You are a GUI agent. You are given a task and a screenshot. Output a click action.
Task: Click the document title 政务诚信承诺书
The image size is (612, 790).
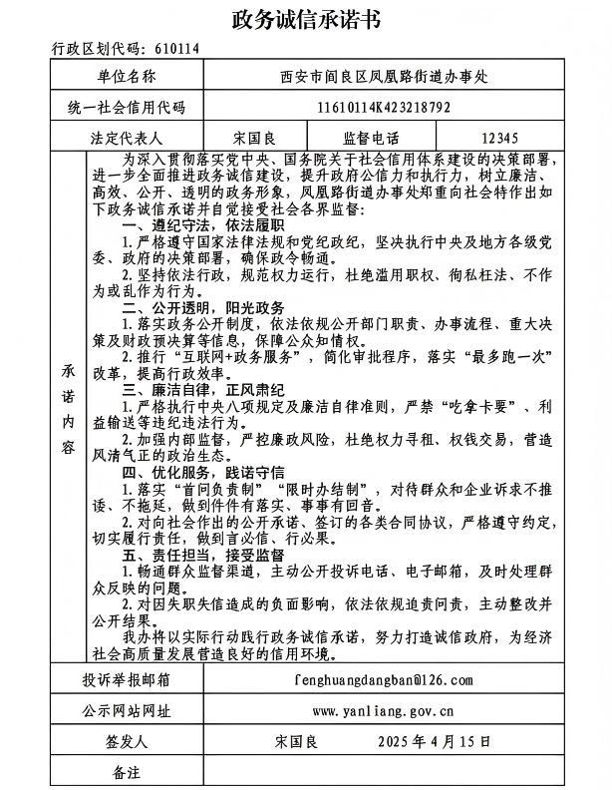point(306,19)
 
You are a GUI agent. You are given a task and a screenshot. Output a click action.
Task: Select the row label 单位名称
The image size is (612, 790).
point(127,75)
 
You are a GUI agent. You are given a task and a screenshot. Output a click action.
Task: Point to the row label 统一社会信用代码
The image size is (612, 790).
point(127,108)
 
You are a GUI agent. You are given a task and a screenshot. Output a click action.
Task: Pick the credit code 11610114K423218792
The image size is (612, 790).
point(384,108)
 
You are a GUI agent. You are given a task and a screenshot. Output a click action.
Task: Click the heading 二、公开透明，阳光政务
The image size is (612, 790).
point(202,308)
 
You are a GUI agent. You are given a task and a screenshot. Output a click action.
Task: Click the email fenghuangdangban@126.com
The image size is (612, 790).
point(384,679)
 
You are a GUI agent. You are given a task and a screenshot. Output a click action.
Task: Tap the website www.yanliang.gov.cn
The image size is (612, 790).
point(384,711)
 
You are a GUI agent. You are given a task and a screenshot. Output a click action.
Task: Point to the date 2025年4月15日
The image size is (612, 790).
point(436,742)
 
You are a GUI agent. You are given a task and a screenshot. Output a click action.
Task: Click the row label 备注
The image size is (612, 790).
point(127,773)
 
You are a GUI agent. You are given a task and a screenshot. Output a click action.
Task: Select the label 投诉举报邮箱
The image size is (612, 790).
point(127,679)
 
